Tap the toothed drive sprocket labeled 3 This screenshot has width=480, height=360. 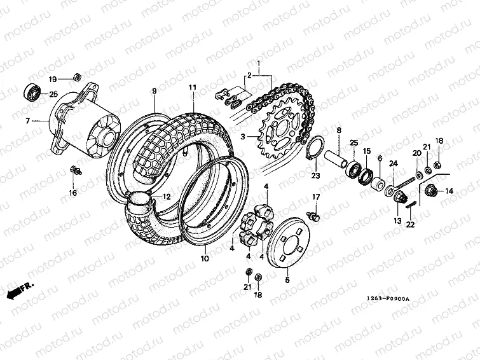(284, 131)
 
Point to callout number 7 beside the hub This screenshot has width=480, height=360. (27, 120)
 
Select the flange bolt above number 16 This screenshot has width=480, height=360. (75, 170)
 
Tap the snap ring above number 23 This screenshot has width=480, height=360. (316, 149)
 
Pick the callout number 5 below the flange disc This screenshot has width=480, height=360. (287, 279)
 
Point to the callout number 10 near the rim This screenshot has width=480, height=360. (204, 259)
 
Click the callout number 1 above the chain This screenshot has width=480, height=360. (259, 63)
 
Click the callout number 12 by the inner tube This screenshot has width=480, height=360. (166, 197)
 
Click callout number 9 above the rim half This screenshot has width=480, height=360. (153, 92)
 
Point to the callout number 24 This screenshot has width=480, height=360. (394, 164)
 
